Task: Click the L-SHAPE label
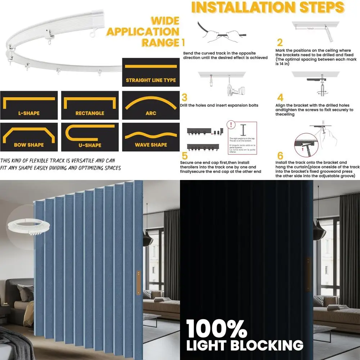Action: [29, 113]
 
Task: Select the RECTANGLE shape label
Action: [90, 113]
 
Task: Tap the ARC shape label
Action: [151, 113]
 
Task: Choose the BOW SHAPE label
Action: [29, 145]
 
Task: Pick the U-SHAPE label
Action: [90, 145]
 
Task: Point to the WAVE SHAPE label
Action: [151, 145]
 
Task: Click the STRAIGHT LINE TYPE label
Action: [151, 80]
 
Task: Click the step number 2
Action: [280, 43]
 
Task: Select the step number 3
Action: [184, 98]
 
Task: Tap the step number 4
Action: [280, 98]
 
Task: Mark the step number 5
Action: [184, 156]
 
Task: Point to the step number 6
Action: [280, 156]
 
